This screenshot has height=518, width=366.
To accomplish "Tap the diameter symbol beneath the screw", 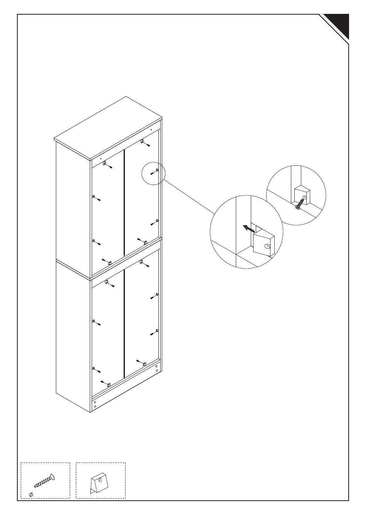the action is tap(31, 494).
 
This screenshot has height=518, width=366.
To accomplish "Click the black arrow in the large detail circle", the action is tap(248, 229).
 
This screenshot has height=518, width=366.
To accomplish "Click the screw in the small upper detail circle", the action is tap(300, 203).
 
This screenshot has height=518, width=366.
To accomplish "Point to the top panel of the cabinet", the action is tap(108, 127).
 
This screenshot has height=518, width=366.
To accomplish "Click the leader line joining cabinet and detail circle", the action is tap(189, 197).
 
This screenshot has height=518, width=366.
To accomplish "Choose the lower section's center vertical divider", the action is tap(124, 324).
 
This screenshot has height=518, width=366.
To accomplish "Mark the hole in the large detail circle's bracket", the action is tap(267, 246).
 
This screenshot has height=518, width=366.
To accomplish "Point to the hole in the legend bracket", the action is tap(100, 480).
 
